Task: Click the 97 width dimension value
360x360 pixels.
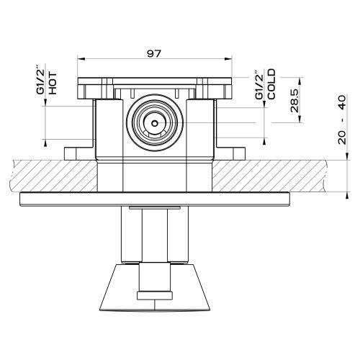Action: [154, 53]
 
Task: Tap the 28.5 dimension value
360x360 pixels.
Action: [294, 101]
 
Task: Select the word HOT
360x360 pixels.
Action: [53, 83]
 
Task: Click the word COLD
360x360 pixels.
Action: [271, 84]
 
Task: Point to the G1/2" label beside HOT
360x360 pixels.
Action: [40, 79]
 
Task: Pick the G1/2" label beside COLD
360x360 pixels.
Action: [260, 85]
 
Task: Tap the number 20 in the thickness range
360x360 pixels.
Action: [343, 138]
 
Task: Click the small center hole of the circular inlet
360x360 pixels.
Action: [155, 123]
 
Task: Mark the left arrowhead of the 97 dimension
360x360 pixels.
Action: [81, 58]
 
